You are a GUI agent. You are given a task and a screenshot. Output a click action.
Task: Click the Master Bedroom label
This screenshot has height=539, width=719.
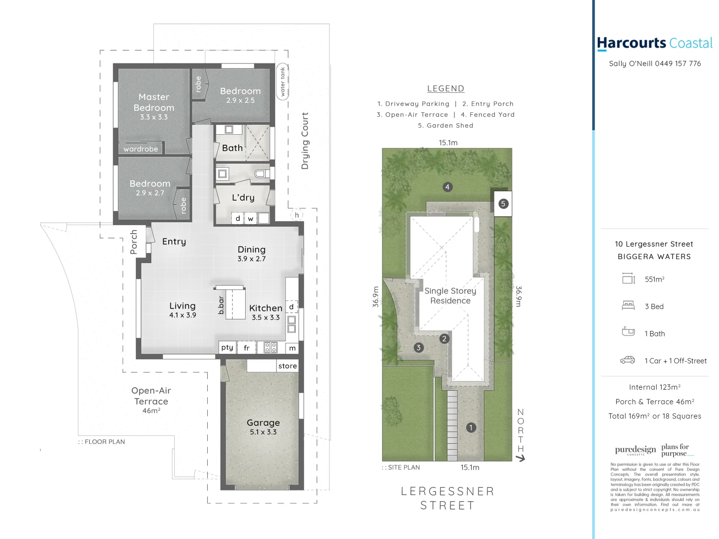tap(154, 102)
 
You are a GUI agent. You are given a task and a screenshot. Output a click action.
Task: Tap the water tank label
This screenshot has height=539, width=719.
tap(283, 81)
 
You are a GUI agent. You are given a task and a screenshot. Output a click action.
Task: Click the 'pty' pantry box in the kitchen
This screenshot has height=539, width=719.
tap(227, 347)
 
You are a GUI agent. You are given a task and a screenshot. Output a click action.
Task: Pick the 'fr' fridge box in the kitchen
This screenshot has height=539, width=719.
tap(247, 348)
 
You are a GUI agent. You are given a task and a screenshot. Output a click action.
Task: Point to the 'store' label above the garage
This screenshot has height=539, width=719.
tap(288, 366)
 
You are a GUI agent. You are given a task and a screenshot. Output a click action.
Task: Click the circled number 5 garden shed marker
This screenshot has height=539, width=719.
tap(503, 204)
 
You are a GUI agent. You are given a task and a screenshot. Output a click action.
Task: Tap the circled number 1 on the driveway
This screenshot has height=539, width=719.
tap(470, 428)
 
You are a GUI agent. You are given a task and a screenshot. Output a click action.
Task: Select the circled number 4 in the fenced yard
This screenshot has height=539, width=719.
tap(447, 187)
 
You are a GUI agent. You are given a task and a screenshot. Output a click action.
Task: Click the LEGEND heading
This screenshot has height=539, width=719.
tap(446, 89)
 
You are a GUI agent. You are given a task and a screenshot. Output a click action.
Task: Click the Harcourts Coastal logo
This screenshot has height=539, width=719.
tap(655, 43)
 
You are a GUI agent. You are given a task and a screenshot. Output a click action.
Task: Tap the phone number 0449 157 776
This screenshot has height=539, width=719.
tap(678, 63)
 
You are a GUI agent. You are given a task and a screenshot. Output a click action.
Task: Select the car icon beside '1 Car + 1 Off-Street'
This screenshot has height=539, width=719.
tap(628, 360)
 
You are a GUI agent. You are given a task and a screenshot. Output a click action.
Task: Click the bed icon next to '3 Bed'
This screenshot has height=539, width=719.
tap(628, 306)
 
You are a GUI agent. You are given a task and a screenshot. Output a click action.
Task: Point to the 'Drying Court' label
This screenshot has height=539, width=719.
tap(305, 141)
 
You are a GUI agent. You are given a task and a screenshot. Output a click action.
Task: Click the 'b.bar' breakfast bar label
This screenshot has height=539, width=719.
tap(221, 305)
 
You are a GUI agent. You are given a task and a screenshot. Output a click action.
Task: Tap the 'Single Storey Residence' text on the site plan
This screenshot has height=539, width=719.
tap(450, 295)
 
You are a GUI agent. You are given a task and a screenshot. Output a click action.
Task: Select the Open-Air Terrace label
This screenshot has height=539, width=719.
tap(151, 396)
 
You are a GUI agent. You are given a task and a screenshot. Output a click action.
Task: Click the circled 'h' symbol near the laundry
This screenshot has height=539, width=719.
tap(297, 215)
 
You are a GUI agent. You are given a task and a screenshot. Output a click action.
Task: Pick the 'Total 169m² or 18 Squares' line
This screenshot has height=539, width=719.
tap(655, 416)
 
